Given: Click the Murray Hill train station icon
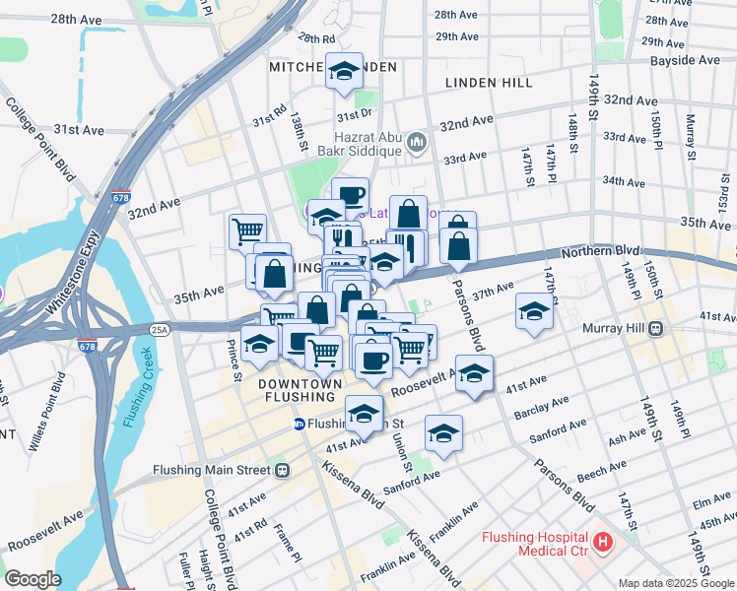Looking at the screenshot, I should pos(655,329).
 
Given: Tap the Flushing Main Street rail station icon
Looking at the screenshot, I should pos(283,470).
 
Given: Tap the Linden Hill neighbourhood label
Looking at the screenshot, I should pos(490,84).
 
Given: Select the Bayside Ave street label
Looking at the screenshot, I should pos(685,61).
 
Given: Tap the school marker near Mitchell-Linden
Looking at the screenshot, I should pos(345,71).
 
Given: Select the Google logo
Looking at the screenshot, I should pos(33,579).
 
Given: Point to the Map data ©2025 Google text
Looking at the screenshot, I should pos(675,583).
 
